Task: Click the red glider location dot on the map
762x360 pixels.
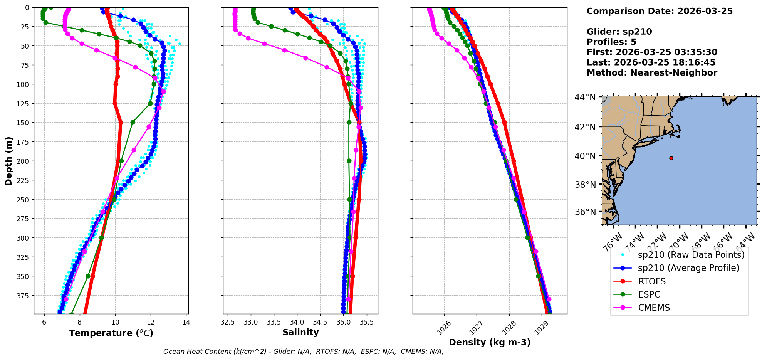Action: tap(671, 158)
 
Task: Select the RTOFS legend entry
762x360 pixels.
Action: tap(652, 281)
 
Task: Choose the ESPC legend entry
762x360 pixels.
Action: tap(649, 294)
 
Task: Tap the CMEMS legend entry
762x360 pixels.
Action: tap(654, 308)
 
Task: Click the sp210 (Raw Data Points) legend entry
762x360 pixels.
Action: tap(691, 255)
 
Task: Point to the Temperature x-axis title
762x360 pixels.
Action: tap(111, 333)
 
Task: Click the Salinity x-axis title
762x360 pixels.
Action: tap(300, 332)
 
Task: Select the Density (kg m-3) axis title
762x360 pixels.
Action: tap(490, 342)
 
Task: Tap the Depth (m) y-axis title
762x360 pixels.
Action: tap(8, 161)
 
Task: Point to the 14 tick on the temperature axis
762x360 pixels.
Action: tap(186, 322)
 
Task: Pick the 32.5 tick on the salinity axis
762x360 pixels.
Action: tap(228, 322)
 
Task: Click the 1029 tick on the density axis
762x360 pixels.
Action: tap(539, 328)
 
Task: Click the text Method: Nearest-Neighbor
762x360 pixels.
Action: tap(652, 73)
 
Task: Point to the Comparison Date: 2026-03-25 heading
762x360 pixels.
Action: tap(660, 11)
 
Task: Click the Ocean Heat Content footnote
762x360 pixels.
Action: tap(303, 352)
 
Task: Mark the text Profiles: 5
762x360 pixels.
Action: tap(611, 42)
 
